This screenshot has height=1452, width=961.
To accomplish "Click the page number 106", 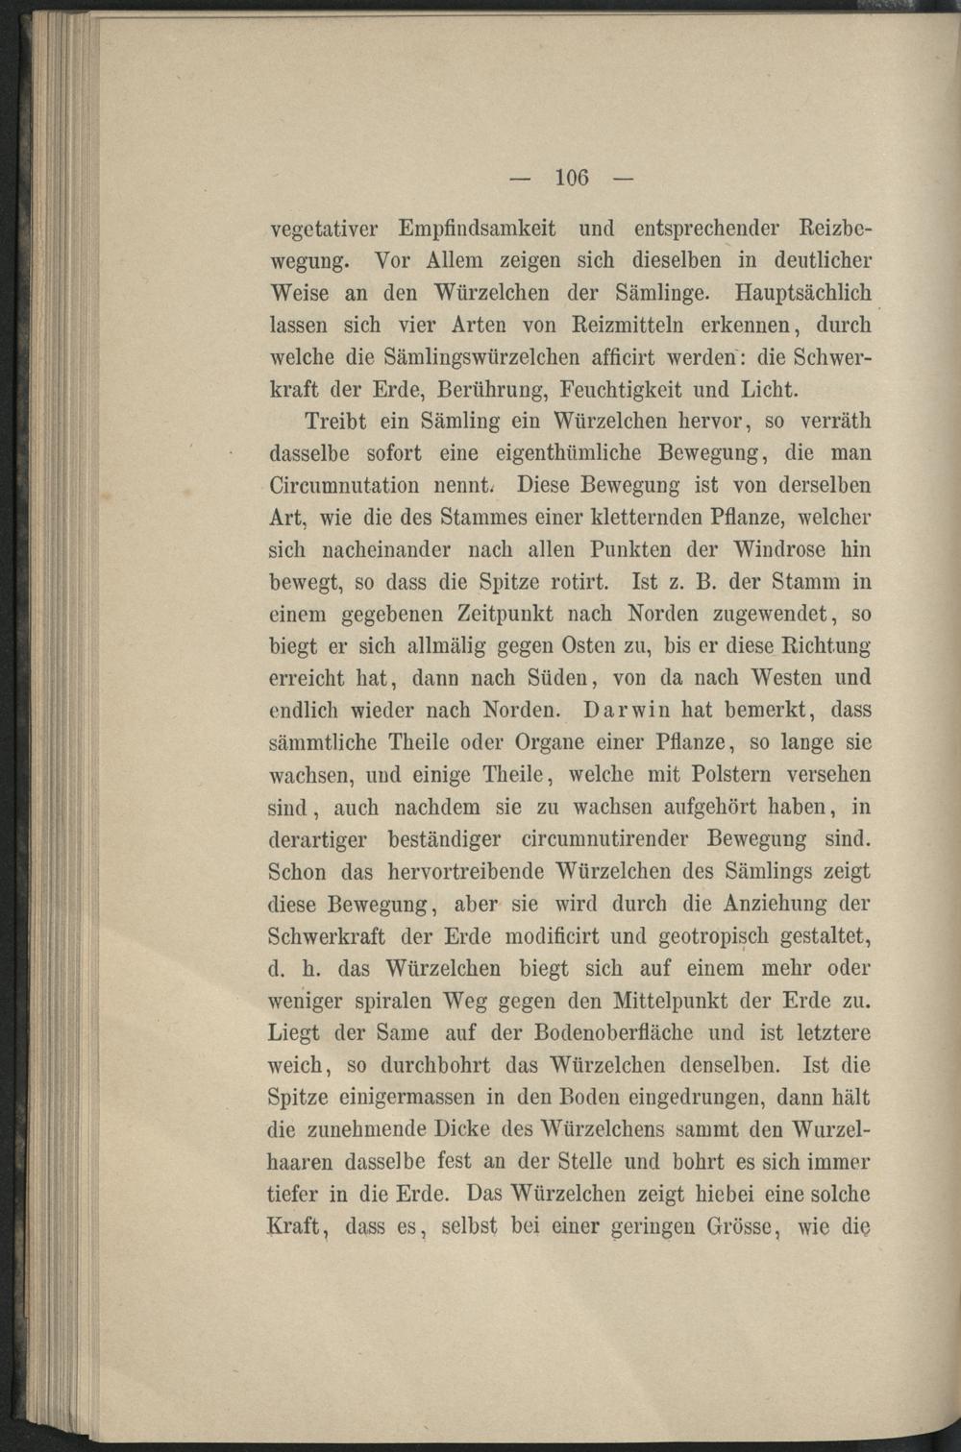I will (x=571, y=177).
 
